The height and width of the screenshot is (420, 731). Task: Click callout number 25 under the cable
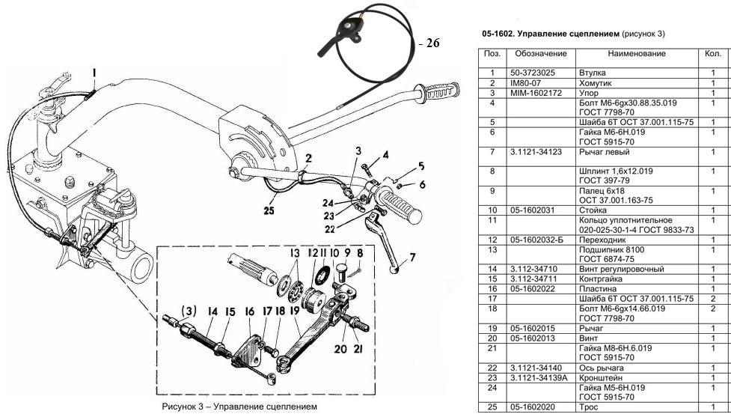click(x=269, y=211)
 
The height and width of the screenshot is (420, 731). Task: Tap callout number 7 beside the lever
click(x=412, y=257)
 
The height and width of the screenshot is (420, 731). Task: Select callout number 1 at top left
click(x=94, y=73)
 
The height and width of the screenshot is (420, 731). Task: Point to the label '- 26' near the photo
click(x=429, y=43)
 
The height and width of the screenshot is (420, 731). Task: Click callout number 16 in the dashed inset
click(x=250, y=311)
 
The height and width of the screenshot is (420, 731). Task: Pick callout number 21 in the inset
click(x=358, y=348)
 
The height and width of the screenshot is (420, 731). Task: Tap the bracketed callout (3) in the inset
click(x=189, y=311)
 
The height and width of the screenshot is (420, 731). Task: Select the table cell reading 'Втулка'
click(x=592, y=73)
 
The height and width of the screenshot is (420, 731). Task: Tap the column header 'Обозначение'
click(x=541, y=54)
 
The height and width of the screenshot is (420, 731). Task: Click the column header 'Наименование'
click(x=637, y=54)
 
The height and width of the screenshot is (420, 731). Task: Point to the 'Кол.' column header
click(x=713, y=54)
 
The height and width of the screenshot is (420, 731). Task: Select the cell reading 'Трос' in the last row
click(x=588, y=407)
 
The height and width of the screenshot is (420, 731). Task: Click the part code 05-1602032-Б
click(x=536, y=240)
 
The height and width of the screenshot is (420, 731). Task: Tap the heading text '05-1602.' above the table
click(x=498, y=34)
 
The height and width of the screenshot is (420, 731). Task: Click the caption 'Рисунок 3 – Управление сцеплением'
click(x=239, y=407)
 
